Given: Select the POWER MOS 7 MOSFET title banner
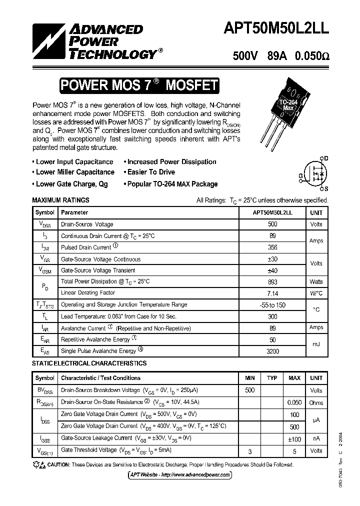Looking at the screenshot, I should point(139,85).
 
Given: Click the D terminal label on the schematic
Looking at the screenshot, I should point(326,158).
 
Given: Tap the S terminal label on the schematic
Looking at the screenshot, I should point(326,189).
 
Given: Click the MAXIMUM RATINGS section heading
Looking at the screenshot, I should point(60,200).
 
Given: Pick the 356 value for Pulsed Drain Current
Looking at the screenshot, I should point(272,247).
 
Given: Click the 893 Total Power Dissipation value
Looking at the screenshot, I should point(272,281).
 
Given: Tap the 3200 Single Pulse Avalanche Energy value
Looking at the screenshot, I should point(272,351).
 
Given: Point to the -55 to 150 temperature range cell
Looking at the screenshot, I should point(272,304).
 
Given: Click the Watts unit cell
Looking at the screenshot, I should point(316,281).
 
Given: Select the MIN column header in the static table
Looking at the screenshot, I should point(249,378).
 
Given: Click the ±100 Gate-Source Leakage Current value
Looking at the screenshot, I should point(294,438).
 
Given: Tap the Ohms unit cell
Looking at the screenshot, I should point(316,402).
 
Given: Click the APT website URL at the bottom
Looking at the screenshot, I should point(180,474).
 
